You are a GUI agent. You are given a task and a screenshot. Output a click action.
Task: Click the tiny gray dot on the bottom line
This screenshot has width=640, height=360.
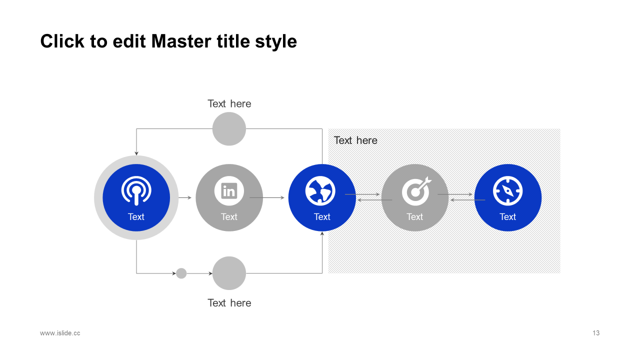coord(181,273)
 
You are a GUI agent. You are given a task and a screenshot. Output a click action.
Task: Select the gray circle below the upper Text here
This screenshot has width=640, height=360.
coord(229,129)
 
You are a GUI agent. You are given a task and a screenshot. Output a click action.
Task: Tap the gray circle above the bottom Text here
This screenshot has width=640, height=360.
coord(229,273)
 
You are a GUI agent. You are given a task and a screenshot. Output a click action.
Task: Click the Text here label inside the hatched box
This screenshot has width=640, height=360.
coord(355,140)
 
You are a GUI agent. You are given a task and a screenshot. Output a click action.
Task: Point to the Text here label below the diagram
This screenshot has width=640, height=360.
coord(229,303)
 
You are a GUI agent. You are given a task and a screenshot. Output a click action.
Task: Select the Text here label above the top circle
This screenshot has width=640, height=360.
coord(229,104)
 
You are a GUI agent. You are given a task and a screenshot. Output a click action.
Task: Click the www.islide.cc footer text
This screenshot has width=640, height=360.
coord(60,333)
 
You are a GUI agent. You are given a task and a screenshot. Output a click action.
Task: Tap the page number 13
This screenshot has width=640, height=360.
coord(596,333)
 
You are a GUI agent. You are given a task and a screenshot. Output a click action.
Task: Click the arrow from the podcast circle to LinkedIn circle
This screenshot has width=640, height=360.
coord(185,198)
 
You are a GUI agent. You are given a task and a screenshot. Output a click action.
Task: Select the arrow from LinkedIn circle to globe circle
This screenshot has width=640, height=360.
coord(267,198)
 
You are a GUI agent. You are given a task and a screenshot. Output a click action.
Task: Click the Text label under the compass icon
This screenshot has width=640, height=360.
coord(507,217)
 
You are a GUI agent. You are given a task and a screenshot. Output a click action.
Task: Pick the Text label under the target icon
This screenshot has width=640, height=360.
coord(414,217)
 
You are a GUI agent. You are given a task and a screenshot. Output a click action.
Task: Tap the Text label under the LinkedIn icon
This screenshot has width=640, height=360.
coord(229,217)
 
